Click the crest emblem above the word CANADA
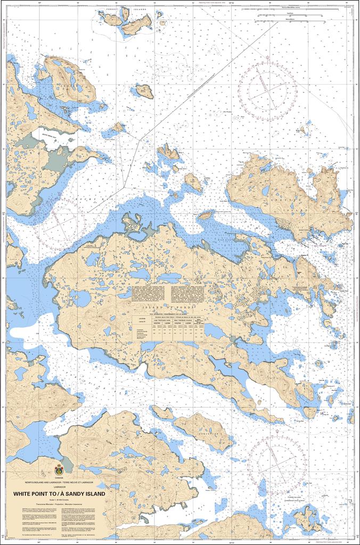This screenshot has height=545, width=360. pyautogui.click(x=59, y=470)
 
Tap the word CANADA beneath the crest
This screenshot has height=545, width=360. pyautogui.click(x=59, y=478)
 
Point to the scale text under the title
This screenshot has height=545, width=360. pyautogui.click(x=59, y=500)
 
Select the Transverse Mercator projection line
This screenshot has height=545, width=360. pyautogui.click(x=59, y=503)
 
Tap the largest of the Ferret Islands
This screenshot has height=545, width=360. pyautogui.click(x=137, y=23)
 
